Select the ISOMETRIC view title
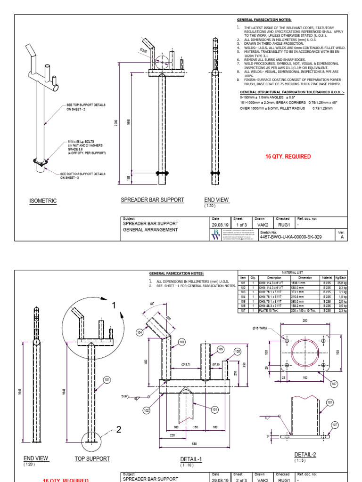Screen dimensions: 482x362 [x=43, y=201]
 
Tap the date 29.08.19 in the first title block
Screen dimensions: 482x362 [x=220, y=225]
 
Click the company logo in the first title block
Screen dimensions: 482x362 [x=216, y=235]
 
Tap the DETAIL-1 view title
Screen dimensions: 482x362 [x=191, y=459]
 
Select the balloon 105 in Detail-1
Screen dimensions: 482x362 [x=221, y=349]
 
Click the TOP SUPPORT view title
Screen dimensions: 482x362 [x=92, y=458]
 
